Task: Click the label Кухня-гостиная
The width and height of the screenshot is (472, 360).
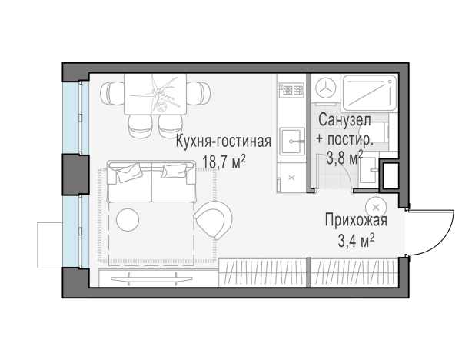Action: pos(223,142)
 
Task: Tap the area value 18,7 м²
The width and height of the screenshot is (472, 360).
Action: pos(223,161)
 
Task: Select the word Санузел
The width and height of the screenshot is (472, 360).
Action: pos(344,122)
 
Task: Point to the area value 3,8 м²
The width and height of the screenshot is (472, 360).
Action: pos(344,158)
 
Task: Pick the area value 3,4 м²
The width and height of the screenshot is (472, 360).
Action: pos(356,242)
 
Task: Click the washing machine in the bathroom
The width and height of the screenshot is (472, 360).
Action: pos(324,88)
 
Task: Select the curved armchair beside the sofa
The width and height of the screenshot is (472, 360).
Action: pos(211,220)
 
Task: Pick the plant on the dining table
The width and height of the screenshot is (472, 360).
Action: pos(162,92)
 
